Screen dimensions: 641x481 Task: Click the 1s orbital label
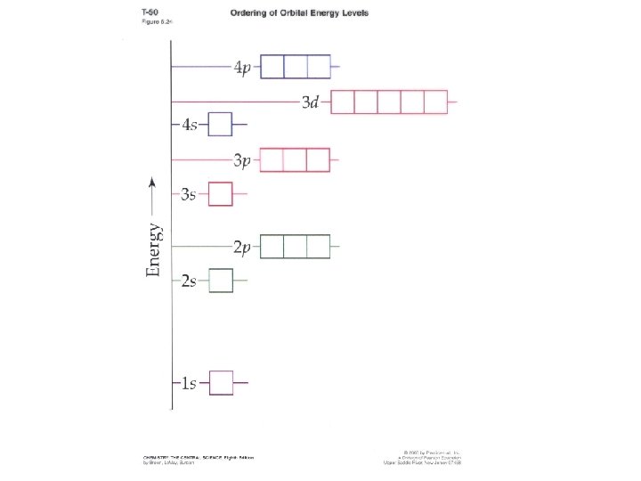[x=189, y=384]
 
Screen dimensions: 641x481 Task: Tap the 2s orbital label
[x=189, y=281]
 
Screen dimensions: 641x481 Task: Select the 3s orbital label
[x=189, y=194]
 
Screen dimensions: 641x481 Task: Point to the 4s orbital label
[x=190, y=125]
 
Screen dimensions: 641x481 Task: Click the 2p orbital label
[x=241, y=247]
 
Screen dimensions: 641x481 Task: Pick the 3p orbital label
[x=241, y=160]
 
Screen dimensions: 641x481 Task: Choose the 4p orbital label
[x=242, y=68]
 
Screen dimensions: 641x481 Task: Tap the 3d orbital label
[x=310, y=103]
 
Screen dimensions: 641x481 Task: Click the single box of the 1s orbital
[x=221, y=383]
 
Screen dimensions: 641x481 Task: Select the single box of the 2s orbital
[x=221, y=281]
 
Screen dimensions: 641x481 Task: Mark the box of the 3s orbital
[x=221, y=193]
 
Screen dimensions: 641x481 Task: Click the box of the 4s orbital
[x=221, y=124]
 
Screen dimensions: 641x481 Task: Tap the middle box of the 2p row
[x=296, y=246]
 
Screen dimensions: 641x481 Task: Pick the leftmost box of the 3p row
[x=272, y=159]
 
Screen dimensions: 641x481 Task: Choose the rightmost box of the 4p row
[x=319, y=67]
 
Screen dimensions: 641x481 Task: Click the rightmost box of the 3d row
[x=435, y=102]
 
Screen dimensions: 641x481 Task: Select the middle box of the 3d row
[x=389, y=102]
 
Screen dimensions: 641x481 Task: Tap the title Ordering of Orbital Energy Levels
[x=299, y=14]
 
